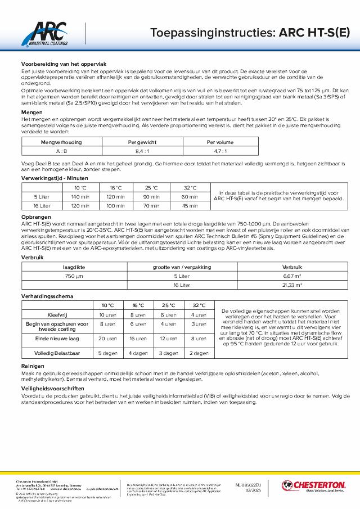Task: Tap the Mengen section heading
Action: point(31,112)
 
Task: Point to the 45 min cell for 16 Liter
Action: point(190,206)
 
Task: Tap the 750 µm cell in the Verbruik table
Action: point(74,276)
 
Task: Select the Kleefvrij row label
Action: point(56,314)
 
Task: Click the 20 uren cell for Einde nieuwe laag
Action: point(107,339)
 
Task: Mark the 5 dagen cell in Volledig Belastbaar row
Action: point(107,353)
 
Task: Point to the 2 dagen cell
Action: point(198,353)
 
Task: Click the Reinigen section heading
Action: point(33,365)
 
